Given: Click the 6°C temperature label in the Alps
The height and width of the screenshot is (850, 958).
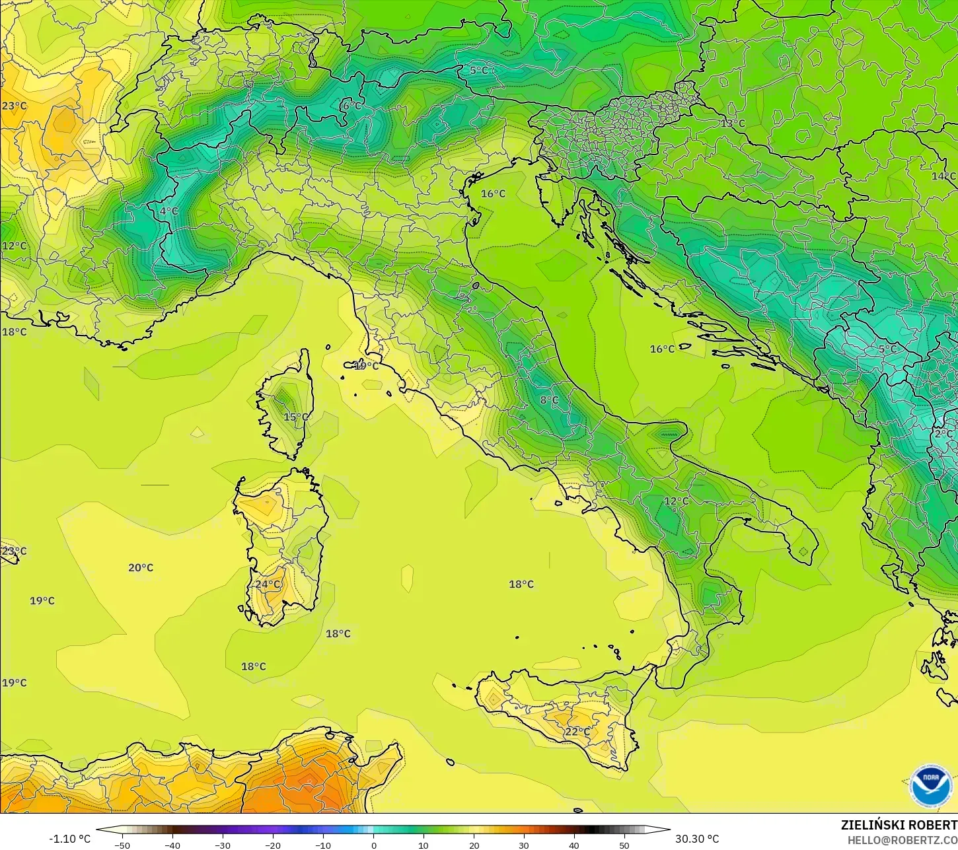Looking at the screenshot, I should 351,106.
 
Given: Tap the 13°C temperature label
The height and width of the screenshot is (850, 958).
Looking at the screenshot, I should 732,124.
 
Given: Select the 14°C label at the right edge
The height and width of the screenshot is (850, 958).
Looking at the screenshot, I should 943,176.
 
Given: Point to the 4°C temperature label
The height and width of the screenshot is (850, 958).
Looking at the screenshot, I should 168,211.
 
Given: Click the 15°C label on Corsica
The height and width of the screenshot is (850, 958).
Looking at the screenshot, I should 296,417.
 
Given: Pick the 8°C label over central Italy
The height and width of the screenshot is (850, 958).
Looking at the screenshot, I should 549,400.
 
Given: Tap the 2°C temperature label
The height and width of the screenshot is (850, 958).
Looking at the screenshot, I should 943,434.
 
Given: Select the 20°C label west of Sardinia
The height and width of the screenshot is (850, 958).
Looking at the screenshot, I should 141,568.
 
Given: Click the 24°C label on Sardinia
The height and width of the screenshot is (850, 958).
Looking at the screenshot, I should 268,584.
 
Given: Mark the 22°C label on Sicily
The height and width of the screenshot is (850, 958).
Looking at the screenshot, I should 577,732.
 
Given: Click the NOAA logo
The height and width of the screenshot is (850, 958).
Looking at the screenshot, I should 930,786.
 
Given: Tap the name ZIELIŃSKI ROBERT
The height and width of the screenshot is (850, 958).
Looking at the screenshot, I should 899,826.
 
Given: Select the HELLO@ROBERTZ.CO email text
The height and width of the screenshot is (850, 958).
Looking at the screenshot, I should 903,840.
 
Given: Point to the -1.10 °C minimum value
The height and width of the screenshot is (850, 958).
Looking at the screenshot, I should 70,839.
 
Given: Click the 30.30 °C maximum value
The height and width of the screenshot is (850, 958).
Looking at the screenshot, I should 697,839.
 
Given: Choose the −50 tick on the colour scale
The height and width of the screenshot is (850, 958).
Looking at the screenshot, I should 122,845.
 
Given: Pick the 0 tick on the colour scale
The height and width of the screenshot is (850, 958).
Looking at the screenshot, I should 373,845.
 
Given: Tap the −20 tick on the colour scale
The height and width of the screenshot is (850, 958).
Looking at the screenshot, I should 273,845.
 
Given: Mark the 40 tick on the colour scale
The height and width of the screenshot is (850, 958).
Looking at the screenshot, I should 573,845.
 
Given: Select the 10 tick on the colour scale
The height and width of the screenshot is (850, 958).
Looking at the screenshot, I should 424,845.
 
